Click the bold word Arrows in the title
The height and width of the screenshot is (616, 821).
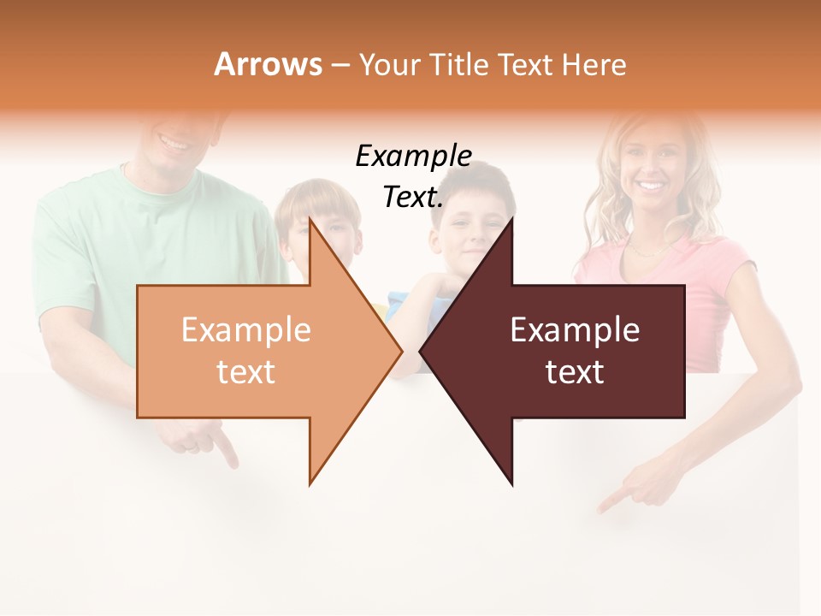(269, 64)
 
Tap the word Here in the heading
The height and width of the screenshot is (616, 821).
(594, 64)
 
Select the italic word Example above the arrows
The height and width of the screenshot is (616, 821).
(413, 157)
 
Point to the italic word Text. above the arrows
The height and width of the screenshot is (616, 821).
(413, 197)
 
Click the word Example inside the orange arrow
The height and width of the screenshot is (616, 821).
(245, 330)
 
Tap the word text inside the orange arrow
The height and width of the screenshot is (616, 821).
(245, 372)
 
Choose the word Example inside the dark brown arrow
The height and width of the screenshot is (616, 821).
(575, 330)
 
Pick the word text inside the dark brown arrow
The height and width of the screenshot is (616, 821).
(575, 372)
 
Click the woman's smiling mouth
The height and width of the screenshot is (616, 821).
(652, 185)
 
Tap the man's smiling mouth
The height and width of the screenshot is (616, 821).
(176, 143)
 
